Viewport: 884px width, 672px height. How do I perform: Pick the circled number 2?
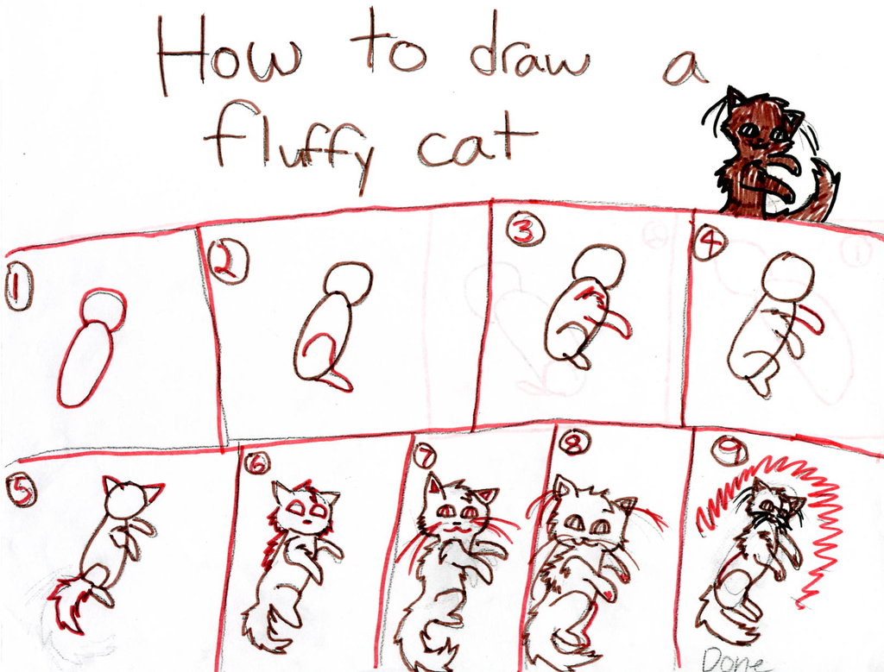coord(228,261)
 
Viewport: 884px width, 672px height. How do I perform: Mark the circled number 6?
coord(256,463)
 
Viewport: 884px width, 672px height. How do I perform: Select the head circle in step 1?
coord(104,307)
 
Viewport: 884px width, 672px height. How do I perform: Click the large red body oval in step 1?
coord(85,363)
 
